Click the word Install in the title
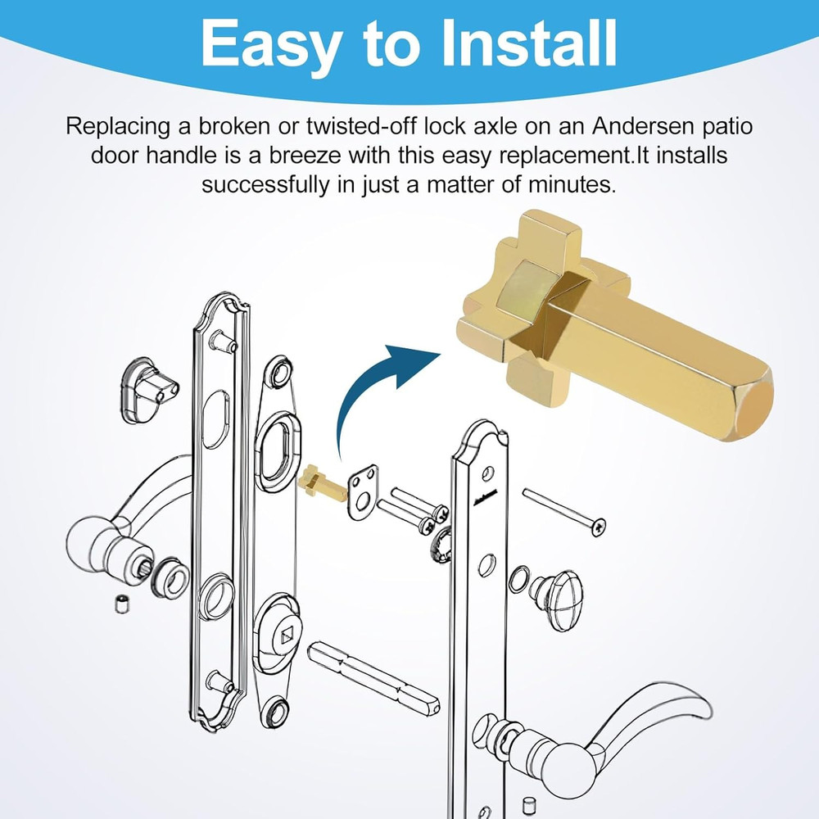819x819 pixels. pyautogui.click(x=530, y=43)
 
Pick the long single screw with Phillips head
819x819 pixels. pyautogui.click(x=564, y=511)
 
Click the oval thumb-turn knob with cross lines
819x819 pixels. pyautogui.click(x=557, y=600)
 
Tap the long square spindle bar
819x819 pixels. pyautogui.click(x=373, y=677)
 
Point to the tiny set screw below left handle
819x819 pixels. pyautogui.click(x=122, y=604)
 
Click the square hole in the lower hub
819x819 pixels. pyautogui.click(x=287, y=636)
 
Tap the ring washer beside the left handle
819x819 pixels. pyautogui.click(x=170, y=578)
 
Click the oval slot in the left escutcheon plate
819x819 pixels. pyautogui.click(x=215, y=419)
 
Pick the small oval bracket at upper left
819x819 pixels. pyautogui.click(x=147, y=390)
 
